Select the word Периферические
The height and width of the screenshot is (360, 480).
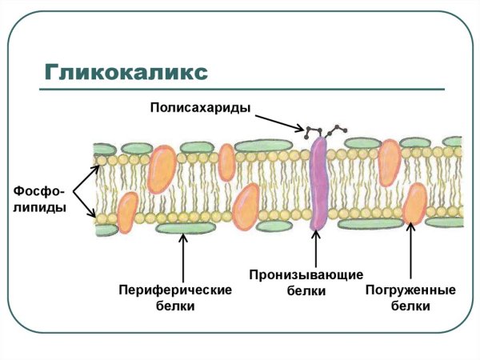click(174, 289)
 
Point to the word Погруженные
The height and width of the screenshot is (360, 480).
click(410, 289)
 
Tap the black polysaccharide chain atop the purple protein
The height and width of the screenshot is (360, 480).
click(322, 130)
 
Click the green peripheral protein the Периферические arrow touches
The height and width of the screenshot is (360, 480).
click(185, 229)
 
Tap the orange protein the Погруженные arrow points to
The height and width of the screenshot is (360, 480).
click(414, 203)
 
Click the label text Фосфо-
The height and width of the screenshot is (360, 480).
click(38, 191)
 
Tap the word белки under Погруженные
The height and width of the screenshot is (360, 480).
click(410, 306)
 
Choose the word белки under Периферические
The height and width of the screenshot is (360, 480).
click(174, 306)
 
